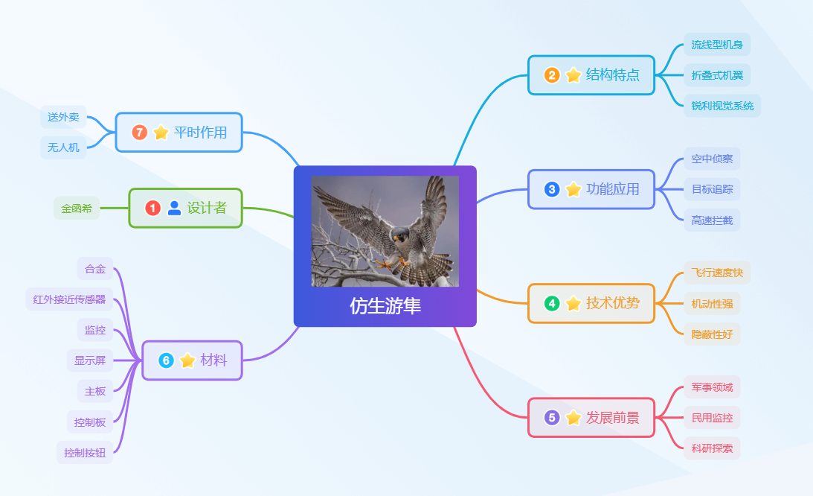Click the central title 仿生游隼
point(385,306)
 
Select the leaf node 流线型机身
point(717,45)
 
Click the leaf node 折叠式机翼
point(717,75)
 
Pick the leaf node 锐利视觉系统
point(722,106)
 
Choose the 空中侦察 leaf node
point(712,159)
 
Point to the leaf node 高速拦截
point(712,220)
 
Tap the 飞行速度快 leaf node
point(717,273)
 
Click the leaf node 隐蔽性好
point(712,334)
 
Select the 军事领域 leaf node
point(712,387)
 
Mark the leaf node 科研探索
point(712,448)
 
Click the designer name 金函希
point(77,209)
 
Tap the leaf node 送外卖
point(63,117)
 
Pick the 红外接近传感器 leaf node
point(69,299)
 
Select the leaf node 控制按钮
point(85,452)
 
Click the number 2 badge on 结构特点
point(552,75)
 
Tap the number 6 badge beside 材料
point(166,360)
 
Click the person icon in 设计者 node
point(175,209)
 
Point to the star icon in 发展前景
point(573,418)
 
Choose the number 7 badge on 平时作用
point(140,133)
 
